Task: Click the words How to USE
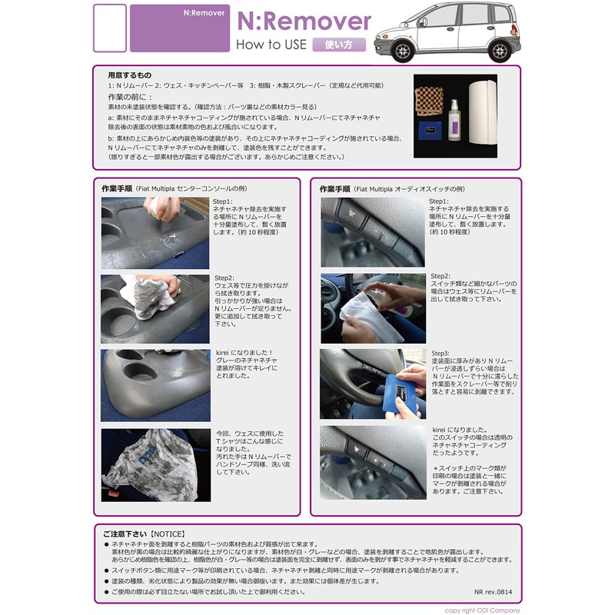coord(271,45)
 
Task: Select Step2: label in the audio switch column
coord(440,275)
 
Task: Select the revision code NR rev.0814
coord(494,593)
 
